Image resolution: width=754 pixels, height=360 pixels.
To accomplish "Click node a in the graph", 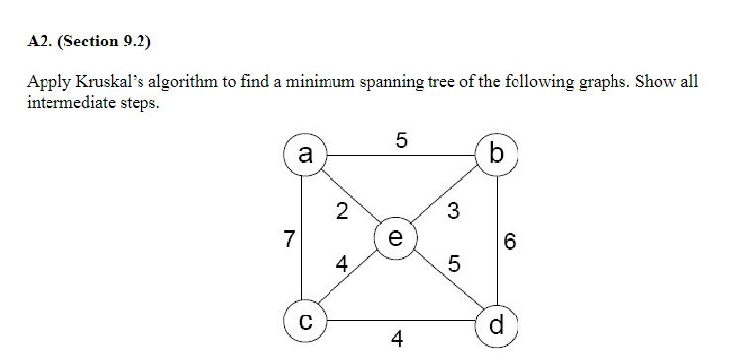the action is [305, 154].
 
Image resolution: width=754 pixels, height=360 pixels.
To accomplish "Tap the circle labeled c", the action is [305, 321].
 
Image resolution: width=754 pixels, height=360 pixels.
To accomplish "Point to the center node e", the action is [396, 238].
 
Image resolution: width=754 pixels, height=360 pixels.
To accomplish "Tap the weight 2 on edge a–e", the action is [341, 210].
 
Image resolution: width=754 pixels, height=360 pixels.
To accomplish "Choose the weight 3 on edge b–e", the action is [453, 210].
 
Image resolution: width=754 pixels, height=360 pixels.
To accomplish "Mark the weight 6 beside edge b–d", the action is [510, 240].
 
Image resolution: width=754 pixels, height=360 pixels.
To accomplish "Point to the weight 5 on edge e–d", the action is [453, 264].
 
